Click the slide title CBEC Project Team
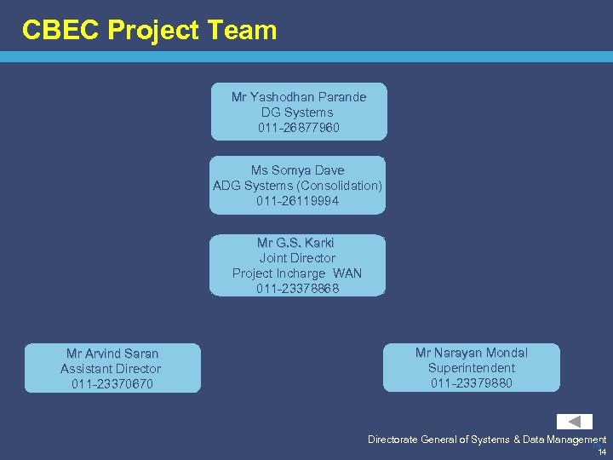(150, 31)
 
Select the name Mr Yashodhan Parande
(299, 97)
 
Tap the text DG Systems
(297, 112)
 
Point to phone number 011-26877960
(299, 128)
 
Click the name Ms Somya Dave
(297, 170)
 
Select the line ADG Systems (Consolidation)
(297, 186)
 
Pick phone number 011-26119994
(297, 201)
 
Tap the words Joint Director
(297, 258)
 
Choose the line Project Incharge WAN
(297, 273)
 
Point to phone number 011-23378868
(297, 289)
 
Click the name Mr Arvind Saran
(112, 354)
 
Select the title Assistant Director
(111, 369)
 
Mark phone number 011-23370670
(112, 384)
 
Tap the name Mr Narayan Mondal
(472, 353)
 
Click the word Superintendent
(472, 368)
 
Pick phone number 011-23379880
(472, 383)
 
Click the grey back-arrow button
(575, 422)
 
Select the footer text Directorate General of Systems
(438, 440)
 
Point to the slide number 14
(602, 451)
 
